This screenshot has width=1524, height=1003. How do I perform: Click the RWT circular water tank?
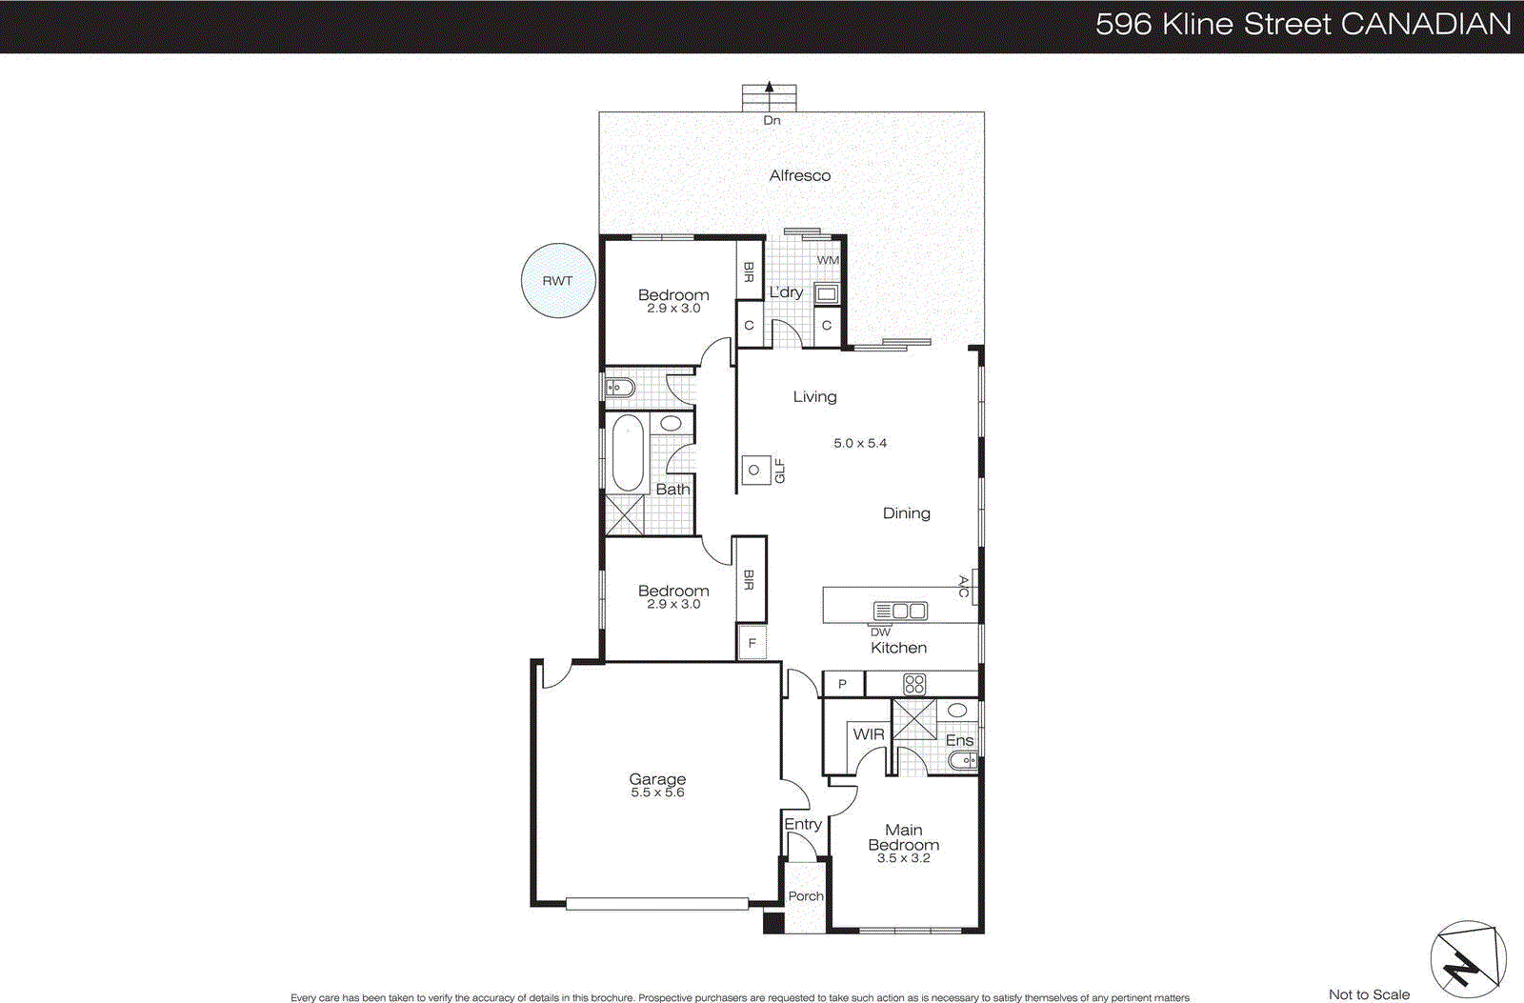point(558,280)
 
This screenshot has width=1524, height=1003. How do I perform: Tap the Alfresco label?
point(799,175)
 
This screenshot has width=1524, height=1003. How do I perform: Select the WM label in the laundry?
point(828,260)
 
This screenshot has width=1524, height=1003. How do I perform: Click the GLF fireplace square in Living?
point(755,470)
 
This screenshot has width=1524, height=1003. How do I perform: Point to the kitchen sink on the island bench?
point(900,611)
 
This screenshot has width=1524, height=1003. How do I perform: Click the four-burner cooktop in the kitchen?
point(914,683)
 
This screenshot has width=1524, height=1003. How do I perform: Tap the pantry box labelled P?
point(842,684)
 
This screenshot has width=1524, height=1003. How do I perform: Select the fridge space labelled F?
point(752,643)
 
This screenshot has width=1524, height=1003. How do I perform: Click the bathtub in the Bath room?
point(628,451)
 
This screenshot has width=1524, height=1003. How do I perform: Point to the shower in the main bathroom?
point(625,514)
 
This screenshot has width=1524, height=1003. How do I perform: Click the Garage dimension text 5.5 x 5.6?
point(657,792)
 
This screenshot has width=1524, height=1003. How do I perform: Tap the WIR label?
point(868,734)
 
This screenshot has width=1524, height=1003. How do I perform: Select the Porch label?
point(806,896)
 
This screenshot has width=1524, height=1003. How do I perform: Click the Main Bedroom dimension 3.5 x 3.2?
point(903,858)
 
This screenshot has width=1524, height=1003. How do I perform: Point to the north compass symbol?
point(1468,960)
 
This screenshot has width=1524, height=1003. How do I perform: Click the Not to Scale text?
point(1369,994)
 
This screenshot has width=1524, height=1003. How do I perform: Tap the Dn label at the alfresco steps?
point(772,120)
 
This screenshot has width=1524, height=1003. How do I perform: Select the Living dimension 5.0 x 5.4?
point(860,443)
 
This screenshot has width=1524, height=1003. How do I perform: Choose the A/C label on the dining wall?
point(964,586)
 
